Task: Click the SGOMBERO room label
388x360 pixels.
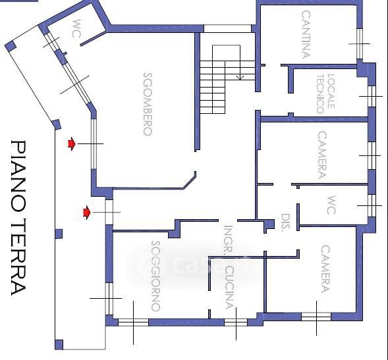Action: click(148, 104)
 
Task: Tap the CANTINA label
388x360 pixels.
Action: click(306, 34)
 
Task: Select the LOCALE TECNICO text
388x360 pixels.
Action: click(325, 94)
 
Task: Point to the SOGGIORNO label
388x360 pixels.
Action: click(155, 276)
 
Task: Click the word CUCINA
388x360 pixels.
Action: click(229, 288)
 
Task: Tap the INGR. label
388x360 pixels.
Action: click(228, 239)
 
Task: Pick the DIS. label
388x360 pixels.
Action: click(285, 222)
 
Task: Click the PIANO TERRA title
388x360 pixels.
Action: click(18, 218)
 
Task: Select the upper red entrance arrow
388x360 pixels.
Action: click(72, 143)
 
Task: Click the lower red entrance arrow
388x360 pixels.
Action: click(86, 213)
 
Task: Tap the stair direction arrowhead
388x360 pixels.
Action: click(240, 78)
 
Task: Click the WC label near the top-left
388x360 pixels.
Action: click(76, 28)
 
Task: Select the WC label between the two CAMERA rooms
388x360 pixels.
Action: click(331, 205)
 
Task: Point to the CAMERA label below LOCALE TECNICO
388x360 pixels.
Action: click(322, 155)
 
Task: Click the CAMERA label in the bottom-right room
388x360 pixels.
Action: click(325, 269)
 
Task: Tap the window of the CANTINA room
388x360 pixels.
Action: click(360, 43)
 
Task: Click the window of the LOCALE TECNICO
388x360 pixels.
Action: click(372, 96)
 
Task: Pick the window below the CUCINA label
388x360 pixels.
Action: click(236, 322)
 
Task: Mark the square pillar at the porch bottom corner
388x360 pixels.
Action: click(59, 345)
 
